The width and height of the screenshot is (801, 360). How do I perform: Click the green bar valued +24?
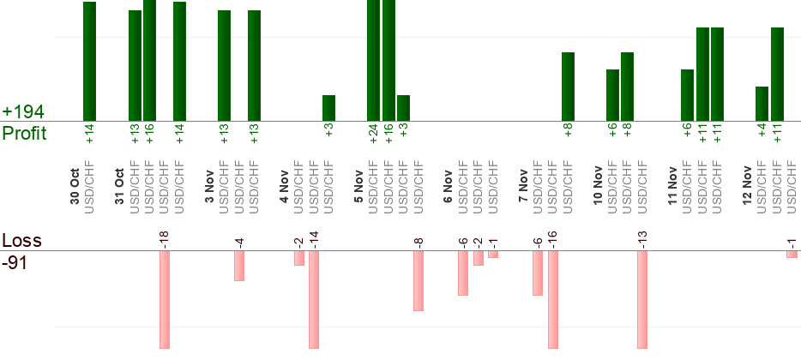(x=373, y=60)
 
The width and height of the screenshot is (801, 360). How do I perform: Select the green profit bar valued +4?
(x=762, y=103)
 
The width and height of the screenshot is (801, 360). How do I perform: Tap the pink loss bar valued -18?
(x=165, y=299)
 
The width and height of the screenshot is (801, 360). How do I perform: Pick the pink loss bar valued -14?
(x=314, y=299)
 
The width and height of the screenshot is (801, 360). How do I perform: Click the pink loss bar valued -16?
(x=553, y=299)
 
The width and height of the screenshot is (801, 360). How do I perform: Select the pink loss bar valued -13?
(x=642, y=299)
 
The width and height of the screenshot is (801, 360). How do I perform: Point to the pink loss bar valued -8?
(x=419, y=280)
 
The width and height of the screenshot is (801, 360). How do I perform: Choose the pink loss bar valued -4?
(x=239, y=266)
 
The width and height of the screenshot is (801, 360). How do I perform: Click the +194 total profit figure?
(x=23, y=112)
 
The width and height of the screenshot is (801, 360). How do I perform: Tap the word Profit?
(x=25, y=134)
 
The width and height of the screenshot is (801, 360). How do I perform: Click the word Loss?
(x=21, y=241)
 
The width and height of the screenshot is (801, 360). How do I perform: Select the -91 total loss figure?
(x=16, y=263)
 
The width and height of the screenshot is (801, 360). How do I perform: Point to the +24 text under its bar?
(x=374, y=135)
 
